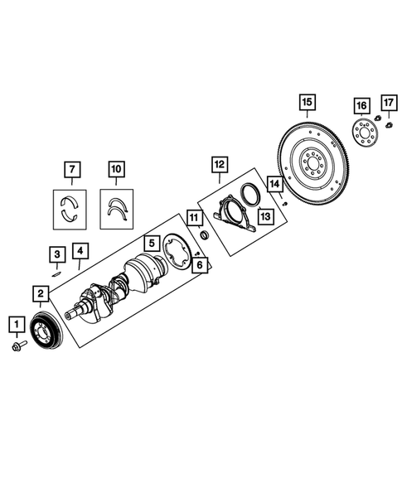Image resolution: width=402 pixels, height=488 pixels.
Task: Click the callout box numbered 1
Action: tap(14, 322)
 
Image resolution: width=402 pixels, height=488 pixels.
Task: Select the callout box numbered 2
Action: tap(40, 292)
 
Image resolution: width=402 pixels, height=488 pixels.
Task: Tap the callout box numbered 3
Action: tap(56, 254)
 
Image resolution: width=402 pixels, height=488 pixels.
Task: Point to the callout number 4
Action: tap(79, 249)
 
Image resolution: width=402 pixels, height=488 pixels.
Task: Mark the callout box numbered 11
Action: tap(194, 218)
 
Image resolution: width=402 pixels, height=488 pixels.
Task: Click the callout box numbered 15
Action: tap(307, 103)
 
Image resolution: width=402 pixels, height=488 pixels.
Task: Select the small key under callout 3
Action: tap(56, 270)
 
